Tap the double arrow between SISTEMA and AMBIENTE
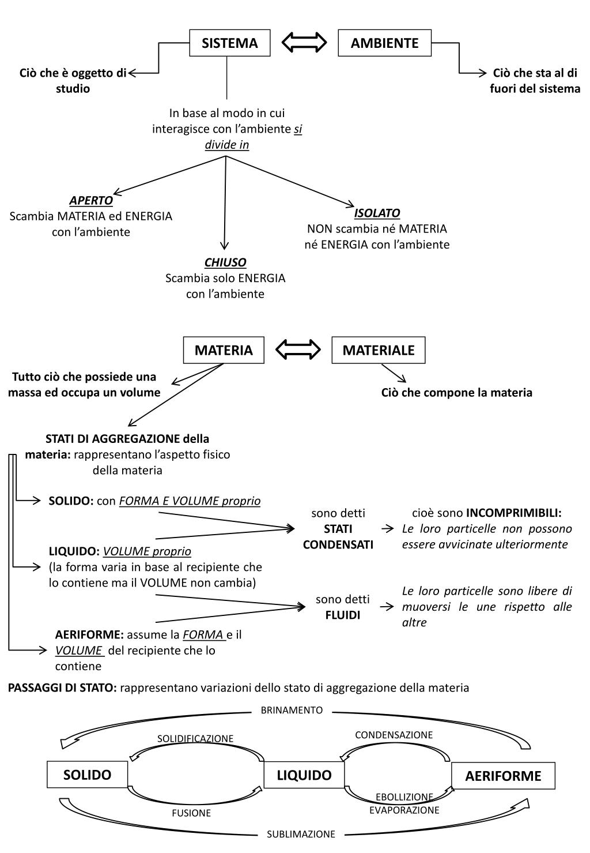304,42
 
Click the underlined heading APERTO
91,200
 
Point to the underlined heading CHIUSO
225,262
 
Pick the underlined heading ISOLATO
377,213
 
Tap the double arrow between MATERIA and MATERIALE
298,350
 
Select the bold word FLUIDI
343,615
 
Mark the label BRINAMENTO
292,710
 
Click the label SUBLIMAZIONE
301,835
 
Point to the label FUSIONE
191,813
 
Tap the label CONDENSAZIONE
394,735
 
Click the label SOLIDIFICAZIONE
195,739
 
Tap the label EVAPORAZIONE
404,810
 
